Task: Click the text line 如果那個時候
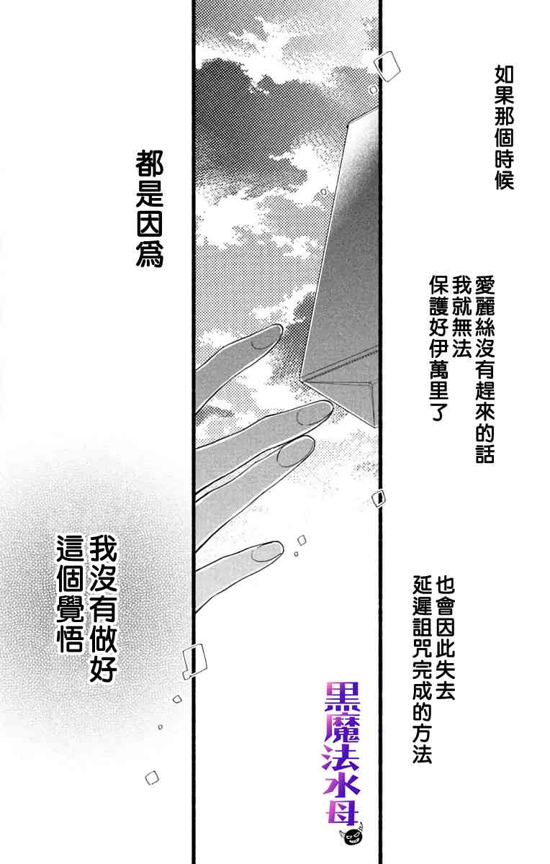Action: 503,127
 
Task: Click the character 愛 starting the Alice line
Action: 484,282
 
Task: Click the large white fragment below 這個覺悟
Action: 194,659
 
